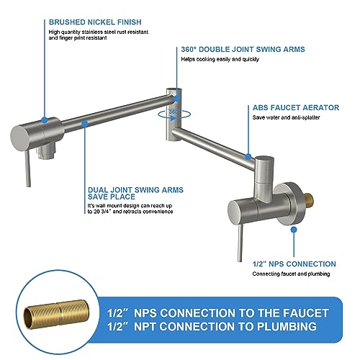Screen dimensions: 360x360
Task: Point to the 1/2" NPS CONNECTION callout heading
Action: coord(294,264)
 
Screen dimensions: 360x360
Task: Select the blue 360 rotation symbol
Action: coord(174,113)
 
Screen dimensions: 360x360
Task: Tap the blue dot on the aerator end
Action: coord(249,155)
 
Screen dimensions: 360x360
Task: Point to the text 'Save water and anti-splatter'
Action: coord(286,117)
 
